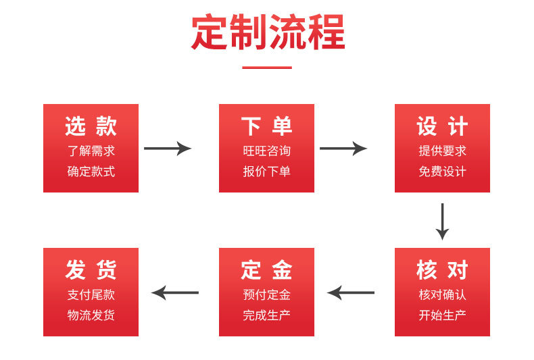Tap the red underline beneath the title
coord(267,68)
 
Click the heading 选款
coord(91,126)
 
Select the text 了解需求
coord(91,151)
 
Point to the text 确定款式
coord(91,171)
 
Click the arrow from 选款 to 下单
coord(168,149)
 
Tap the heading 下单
coord(266,126)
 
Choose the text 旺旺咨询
coord(266,151)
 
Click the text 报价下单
coord(266,171)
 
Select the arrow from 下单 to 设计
coord(343,149)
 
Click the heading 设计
coord(442,126)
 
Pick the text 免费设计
coord(442,171)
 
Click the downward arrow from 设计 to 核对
coord(442,222)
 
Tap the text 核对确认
coord(442,294)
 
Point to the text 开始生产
coord(442,315)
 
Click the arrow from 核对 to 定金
coord(351,292)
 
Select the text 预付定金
coord(266,294)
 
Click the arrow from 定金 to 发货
coord(175,292)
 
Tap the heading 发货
coord(91,270)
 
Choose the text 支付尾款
coord(91,294)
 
